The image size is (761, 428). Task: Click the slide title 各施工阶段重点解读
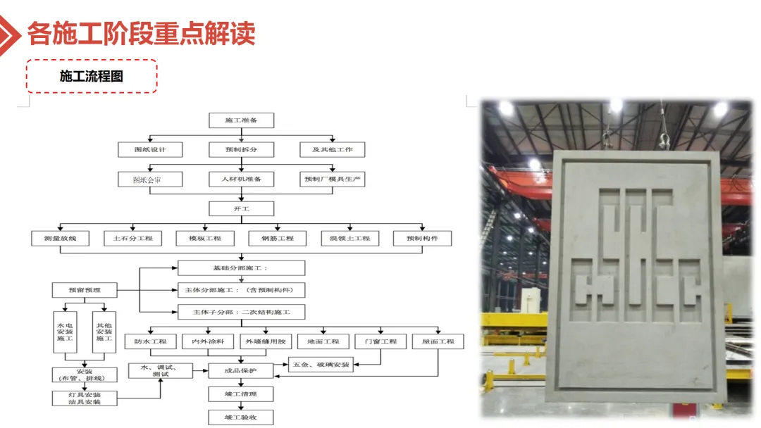[x=141, y=33]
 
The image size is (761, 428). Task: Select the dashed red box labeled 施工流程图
[x=92, y=76]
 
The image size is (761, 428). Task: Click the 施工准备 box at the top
[x=241, y=120]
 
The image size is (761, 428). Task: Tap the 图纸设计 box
[x=150, y=149]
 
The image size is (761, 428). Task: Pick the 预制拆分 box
[x=241, y=149]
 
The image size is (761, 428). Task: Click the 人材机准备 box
[x=241, y=180]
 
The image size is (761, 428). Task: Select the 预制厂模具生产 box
[x=333, y=180]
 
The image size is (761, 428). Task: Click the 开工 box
[x=241, y=208]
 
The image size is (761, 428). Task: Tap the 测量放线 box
[x=60, y=239]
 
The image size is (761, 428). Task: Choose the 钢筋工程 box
[x=277, y=239]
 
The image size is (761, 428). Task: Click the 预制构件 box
[x=422, y=239]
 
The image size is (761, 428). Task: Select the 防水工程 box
[x=150, y=341]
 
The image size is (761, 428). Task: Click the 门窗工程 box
[x=380, y=341]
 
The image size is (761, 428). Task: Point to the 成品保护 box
[x=241, y=370]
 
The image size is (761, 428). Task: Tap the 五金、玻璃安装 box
[x=321, y=365]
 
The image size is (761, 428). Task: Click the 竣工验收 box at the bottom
[x=241, y=417]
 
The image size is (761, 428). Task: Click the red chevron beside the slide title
[x=10, y=32]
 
